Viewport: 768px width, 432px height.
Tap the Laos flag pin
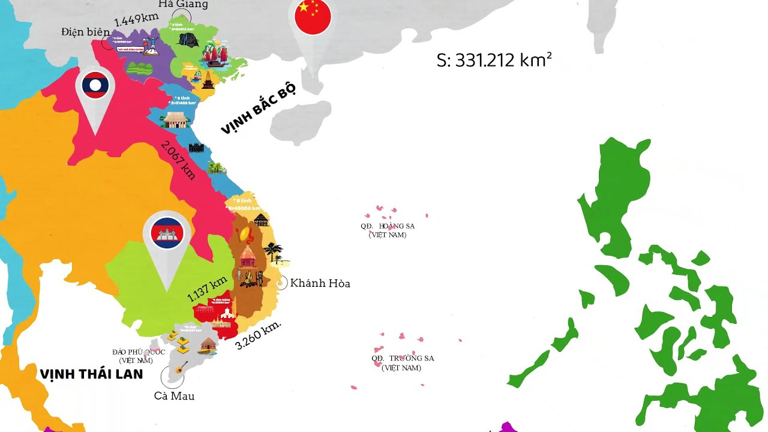[95, 88]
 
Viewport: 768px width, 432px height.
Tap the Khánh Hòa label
[320, 283]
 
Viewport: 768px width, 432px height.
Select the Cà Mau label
[174, 396]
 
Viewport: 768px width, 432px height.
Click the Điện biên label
[85, 32]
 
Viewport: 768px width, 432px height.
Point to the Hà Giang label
[183, 5]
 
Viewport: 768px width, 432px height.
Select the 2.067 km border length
[178, 159]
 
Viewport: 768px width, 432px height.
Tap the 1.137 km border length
[207, 289]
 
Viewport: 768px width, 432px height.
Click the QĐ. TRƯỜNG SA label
[402, 362]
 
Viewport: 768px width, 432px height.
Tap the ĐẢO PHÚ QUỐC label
[138, 356]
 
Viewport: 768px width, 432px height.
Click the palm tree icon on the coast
[274, 251]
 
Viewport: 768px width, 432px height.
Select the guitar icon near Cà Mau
[182, 367]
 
